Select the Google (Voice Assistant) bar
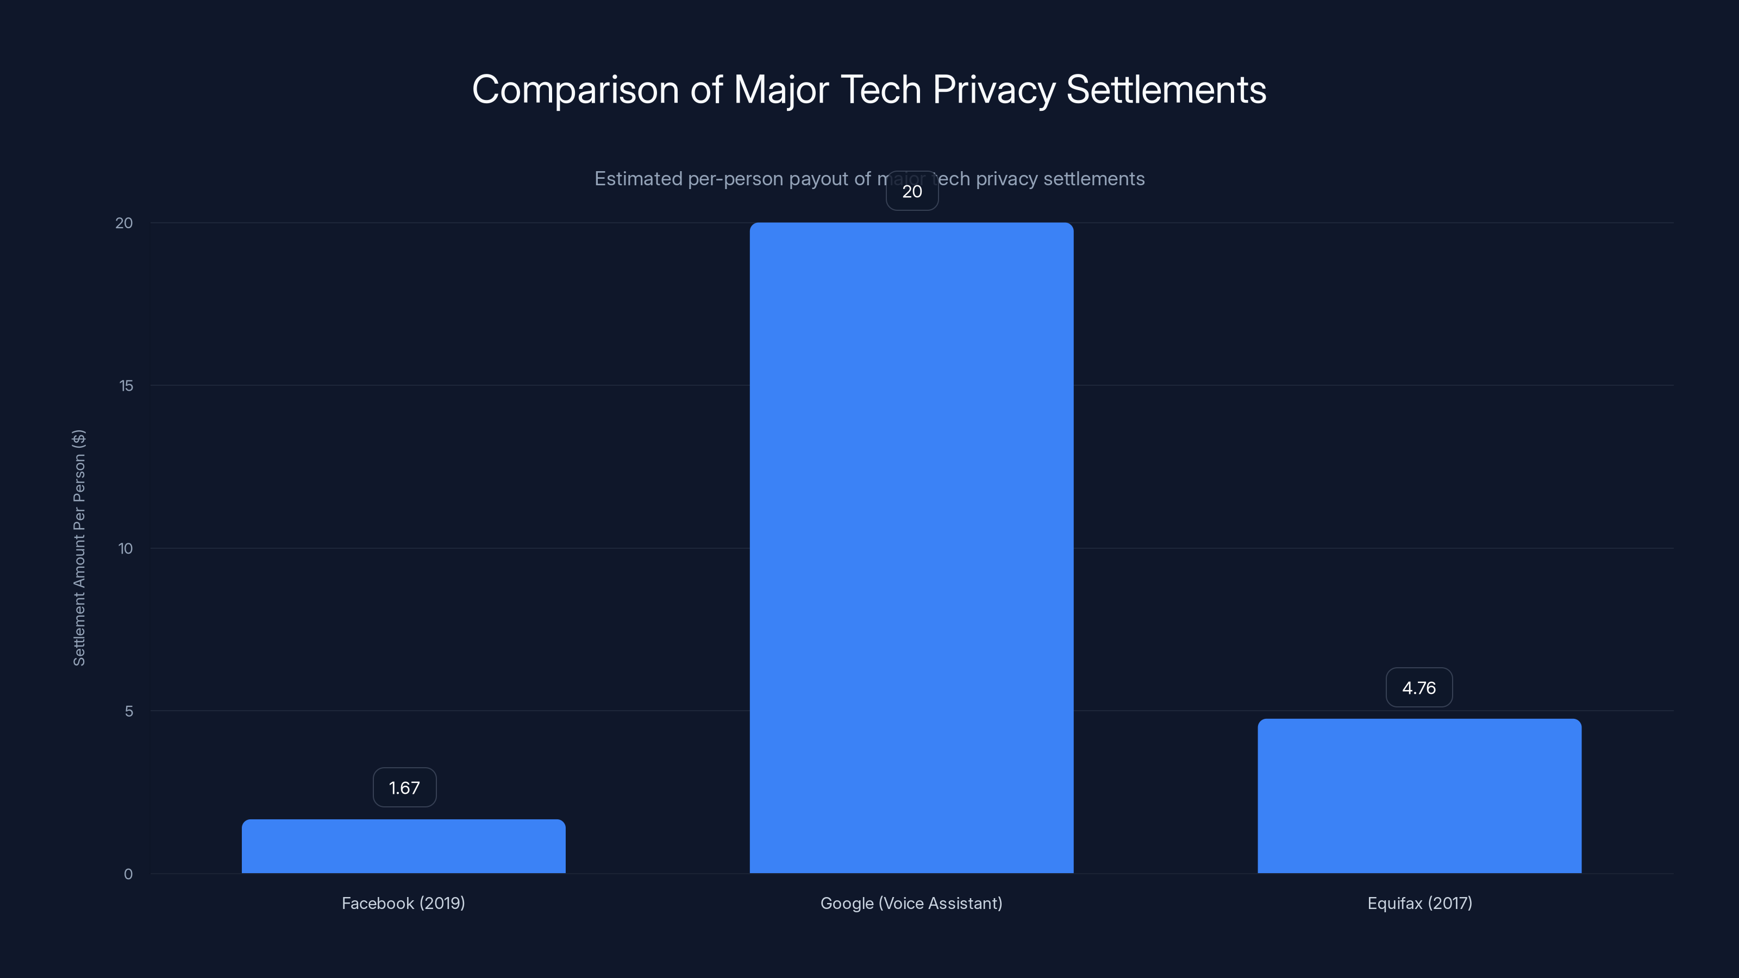pyautogui.click(x=911, y=547)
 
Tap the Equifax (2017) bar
pyautogui.click(x=1419, y=796)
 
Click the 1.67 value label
pyautogui.click(x=404, y=788)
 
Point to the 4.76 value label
pyautogui.click(x=1419, y=688)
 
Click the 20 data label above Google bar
pyautogui.click(x=912, y=192)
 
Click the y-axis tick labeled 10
pyautogui.click(x=126, y=549)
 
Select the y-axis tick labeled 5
pyautogui.click(x=129, y=711)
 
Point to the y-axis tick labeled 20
pyautogui.click(x=124, y=223)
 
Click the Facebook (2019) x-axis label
pyautogui.click(x=403, y=903)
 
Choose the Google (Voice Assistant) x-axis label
pyautogui.click(x=911, y=903)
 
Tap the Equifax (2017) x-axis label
pyautogui.click(x=1419, y=903)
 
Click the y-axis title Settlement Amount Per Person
pyautogui.click(x=79, y=547)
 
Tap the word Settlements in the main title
pyautogui.click(x=1166, y=90)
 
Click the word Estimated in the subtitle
pyautogui.click(x=638, y=179)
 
